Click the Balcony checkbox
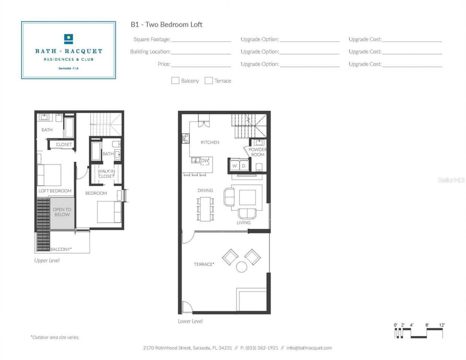[x=175, y=80]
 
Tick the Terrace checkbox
[x=209, y=80]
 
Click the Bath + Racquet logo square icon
[x=68, y=39]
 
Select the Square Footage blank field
[x=201, y=39]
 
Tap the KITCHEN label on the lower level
[x=210, y=142]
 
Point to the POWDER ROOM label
[x=257, y=152]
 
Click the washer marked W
[x=234, y=166]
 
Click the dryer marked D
[x=244, y=166]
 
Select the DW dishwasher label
[x=205, y=161]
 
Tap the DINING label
[x=205, y=190]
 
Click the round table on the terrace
[x=242, y=267]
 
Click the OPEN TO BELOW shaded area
[x=62, y=213]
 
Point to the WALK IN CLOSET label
[x=106, y=174]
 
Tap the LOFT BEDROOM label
[x=55, y=191]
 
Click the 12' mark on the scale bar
[x=442, y=325]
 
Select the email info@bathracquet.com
[x=309, y=348]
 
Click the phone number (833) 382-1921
[x=261, y=348]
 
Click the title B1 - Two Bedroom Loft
[x=166, y=24]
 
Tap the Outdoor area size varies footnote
[x=55, y=337]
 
